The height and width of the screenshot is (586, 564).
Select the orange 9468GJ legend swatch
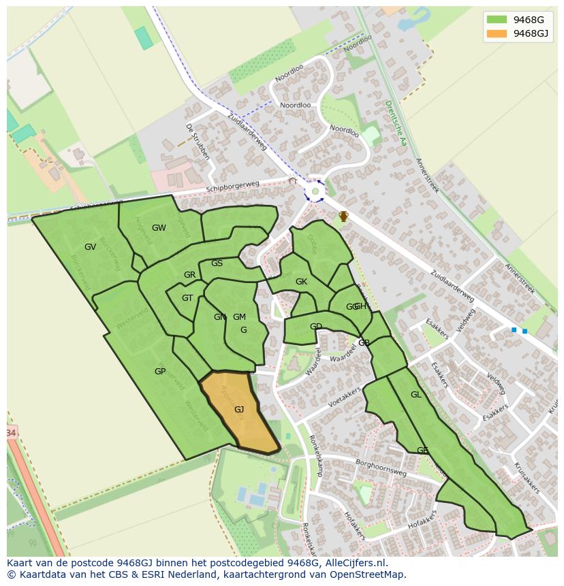point(497,33)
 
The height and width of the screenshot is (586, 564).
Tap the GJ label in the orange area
point(239,410)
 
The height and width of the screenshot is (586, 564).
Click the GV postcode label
point(90,247)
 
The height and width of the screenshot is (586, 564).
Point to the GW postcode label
point(159,228)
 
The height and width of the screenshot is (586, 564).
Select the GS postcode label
point(217,263)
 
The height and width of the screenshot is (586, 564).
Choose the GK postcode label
point(301,282)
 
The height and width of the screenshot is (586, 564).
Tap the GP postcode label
point(160,372)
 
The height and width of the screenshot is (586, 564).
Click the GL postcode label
point(416,395)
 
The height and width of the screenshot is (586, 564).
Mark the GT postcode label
point(187,298)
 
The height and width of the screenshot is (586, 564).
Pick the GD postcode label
point(316,327)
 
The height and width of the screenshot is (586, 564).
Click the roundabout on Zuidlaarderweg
point(315,191)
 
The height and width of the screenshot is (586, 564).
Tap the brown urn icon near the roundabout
point(344,216)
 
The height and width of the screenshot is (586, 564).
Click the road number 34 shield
point(10,433)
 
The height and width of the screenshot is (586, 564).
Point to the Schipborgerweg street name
point(233,186)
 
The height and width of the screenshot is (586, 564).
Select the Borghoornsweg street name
point(381,468)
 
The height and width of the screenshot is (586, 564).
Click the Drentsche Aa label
point(395,123)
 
